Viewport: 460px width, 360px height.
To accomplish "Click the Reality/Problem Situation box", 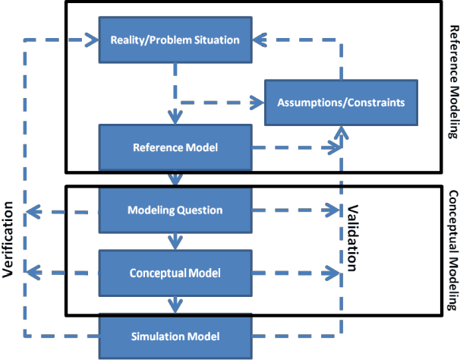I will coord(175,39).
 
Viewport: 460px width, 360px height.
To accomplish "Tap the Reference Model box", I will coord(175,147).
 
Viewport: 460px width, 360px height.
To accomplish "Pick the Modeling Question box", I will coord(175,210).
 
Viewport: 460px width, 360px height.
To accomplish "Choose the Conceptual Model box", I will coord(175,271).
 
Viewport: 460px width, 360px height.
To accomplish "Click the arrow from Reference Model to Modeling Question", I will coord(175,179).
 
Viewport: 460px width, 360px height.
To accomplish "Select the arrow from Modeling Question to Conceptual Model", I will coord(175,241).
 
